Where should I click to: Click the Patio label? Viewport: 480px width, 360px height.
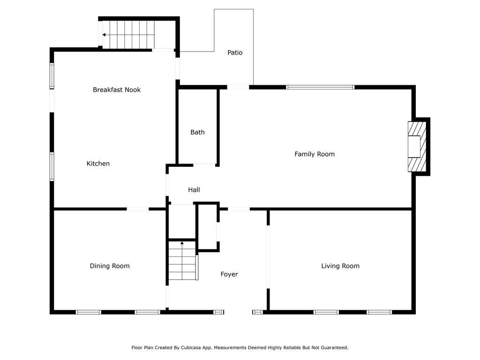[235, 52]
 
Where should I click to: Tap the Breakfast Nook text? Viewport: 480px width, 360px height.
[117, 90]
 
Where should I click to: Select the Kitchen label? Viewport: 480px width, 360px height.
[98, 164]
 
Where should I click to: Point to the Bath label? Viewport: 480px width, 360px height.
[197, 132]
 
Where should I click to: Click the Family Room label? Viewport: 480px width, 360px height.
[315, 154]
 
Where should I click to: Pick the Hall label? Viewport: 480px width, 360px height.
[194, 190]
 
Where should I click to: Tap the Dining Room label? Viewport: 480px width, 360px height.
[110, 266]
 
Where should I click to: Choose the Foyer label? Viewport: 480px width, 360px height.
[229, 274]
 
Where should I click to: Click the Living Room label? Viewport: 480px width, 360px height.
[340, 266]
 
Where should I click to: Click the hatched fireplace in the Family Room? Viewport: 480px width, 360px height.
[417, 147]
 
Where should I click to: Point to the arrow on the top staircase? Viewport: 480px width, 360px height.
[128, 35]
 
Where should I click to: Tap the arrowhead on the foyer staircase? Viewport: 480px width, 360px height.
[182, 243]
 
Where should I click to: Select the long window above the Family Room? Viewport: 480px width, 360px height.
[320, 87]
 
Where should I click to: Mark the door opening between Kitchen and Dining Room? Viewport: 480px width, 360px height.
[138, 209]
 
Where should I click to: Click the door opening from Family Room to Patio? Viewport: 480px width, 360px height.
[238, 87]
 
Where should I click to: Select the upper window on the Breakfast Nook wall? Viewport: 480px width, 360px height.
[52, 76]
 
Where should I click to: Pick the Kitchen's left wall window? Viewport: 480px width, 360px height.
[52, 166]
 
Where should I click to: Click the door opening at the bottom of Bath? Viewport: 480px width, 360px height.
[204, 165]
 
